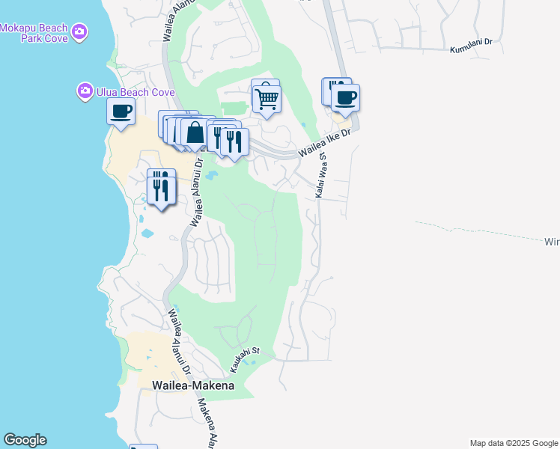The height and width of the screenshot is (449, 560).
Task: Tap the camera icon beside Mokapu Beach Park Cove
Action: (x=79, y=32)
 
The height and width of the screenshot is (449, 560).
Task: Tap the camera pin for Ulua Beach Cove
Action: (x=85, y=92)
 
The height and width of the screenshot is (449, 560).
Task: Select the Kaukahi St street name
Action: (x=244, y=360)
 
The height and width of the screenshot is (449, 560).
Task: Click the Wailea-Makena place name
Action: (x=193, y=385)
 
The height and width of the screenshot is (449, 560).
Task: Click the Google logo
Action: (x=25, y=440)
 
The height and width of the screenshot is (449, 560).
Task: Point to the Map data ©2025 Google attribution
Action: (x=514, y=443)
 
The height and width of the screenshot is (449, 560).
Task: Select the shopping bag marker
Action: (x=195, y=132)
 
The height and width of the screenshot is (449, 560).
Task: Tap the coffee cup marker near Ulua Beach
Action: (x=121, y=112)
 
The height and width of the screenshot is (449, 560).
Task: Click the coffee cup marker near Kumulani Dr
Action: (x=345, y=98)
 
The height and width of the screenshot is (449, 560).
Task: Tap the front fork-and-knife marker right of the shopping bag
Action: (x=234, y=141)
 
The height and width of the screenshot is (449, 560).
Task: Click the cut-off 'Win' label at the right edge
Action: (x=551, y=242)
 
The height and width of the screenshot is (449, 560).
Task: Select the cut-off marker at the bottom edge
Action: (x=143, y=447)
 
